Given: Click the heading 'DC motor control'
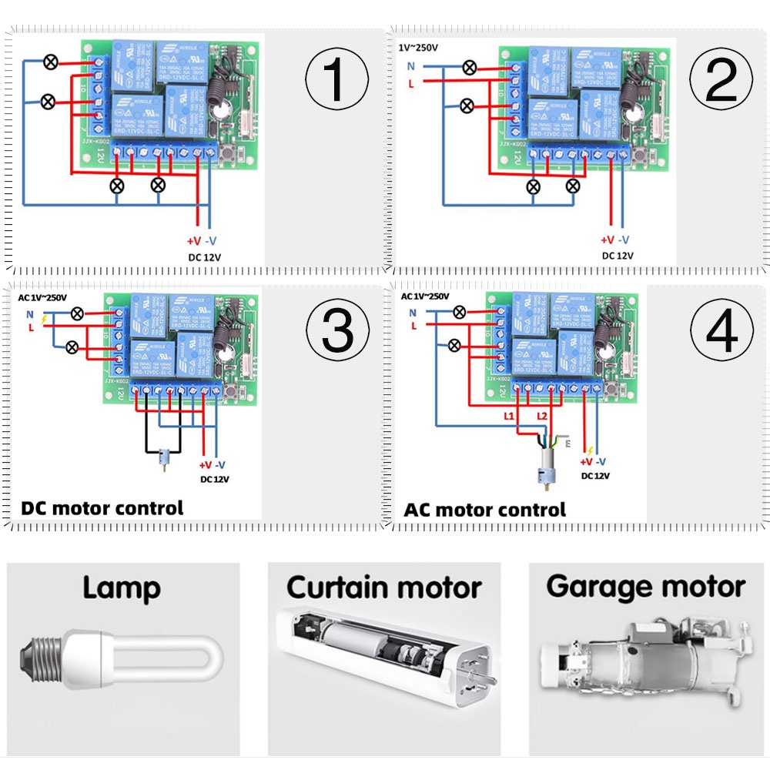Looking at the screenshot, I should coord(102,508).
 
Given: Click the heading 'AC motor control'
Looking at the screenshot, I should coord(484,510).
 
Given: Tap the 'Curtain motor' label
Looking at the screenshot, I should coord(384,588).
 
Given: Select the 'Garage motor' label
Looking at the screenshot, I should coord(645,587).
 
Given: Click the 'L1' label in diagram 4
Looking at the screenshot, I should coord(507,416).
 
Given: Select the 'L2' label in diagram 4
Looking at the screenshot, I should coord(542,416).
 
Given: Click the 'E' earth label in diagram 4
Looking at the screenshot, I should coord(568,444).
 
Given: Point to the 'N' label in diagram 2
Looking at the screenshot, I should coord(411,66).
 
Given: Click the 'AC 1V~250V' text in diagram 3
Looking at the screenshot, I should coord(43,297).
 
